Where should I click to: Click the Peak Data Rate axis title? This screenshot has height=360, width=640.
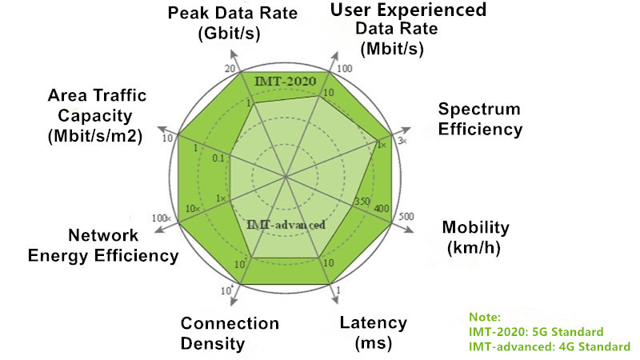click(232, 23)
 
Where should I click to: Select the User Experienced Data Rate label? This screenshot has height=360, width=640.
click(408, 29)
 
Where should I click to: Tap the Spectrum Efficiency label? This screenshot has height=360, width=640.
click(480, 118)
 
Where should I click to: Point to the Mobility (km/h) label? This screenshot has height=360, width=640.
click(475, 238)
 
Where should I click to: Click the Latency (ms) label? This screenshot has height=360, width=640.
click(373, 333)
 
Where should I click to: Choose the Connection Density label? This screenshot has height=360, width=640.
click(230, 334)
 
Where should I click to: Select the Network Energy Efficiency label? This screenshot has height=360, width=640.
click(103, 246)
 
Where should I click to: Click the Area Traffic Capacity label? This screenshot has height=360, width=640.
click(96, 116)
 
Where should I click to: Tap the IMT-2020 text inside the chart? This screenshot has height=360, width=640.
click(286, 82)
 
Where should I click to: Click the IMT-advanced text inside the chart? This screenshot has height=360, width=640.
click(286, 225)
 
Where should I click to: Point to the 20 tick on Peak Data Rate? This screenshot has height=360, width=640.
click(230, 69)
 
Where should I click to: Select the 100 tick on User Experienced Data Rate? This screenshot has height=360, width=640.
click(345, 69)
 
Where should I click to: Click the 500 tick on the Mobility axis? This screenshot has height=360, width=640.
click(406, 216)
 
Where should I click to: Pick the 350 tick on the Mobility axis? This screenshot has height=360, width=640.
click(362, 202)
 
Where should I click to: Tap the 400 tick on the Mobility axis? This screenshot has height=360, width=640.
click(382, 209)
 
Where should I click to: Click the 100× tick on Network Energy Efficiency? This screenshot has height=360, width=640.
click(162, 218)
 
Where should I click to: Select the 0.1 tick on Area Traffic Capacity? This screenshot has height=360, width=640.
click(218, 158)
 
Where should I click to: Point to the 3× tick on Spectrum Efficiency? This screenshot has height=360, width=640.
click(402, 141)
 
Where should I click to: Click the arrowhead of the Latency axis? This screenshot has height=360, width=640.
click(335, 301)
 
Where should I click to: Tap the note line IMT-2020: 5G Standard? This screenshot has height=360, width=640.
click(536, 332)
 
